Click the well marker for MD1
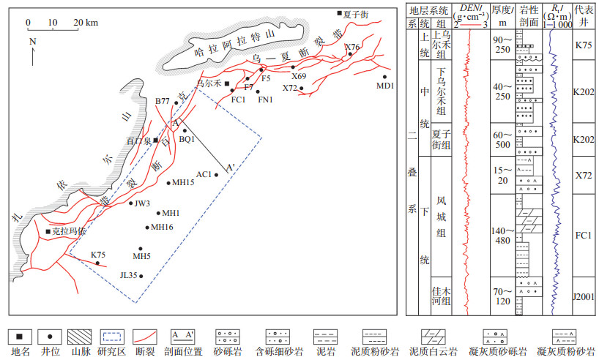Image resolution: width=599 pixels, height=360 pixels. [384, 77]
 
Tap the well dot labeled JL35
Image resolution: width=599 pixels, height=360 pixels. [141, 276]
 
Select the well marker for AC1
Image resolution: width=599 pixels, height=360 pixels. [216, 175]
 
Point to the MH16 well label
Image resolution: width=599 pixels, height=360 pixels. [162, 227]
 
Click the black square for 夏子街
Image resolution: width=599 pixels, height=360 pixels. [339, 13]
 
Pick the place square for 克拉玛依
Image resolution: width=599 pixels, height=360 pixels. [48, 231]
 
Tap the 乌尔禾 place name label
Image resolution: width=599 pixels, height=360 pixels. [209, 83]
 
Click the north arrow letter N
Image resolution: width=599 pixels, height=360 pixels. [32, 41]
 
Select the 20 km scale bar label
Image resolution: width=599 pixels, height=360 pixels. [86, 23]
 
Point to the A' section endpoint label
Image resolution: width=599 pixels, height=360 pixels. [230, 168]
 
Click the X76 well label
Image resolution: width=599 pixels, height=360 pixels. [352, 47]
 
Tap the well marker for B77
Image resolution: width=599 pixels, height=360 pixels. [176, 102]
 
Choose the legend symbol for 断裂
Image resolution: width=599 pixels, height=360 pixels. [145, 337]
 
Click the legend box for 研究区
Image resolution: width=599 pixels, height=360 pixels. [111, 337]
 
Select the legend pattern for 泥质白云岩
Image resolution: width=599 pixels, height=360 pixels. [433, 337]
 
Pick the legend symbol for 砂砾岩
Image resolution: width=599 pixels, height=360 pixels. [228, 337]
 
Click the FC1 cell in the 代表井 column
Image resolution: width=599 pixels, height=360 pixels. [584, 235]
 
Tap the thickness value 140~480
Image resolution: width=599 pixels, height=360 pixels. [503, 236]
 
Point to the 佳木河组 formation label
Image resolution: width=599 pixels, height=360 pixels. [442, 296]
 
